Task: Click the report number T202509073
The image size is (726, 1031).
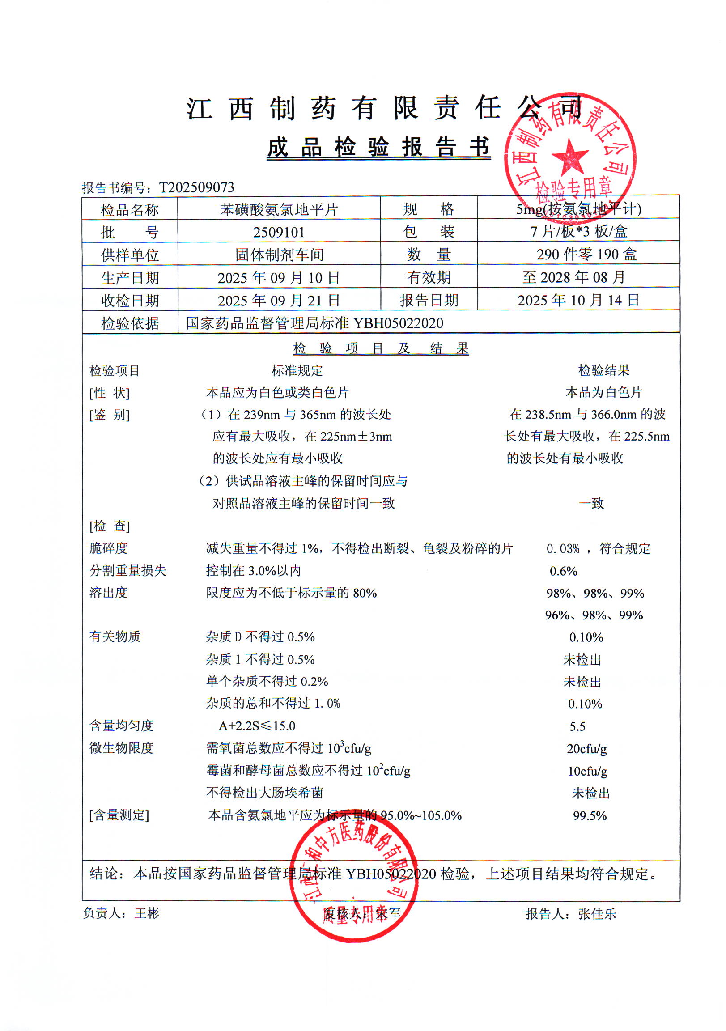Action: (197, 187)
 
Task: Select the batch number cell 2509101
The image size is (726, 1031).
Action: (279, 232)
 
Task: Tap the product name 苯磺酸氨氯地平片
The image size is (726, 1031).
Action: (279, 209)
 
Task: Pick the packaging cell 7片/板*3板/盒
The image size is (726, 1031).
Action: (579, 231)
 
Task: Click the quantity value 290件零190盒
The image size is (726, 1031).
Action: (586, 254)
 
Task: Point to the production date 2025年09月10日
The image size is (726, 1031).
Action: (279, 277)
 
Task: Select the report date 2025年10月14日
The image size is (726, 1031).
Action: (578, 300)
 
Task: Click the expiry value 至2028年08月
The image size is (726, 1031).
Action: (574, 277)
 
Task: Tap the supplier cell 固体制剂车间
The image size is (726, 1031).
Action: (279, 255)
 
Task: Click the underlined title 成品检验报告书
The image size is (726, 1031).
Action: (378, 147)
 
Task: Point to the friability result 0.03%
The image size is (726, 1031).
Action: (563, 548)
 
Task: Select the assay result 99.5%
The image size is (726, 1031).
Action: (590, 815)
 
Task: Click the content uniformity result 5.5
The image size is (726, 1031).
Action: (577, 726)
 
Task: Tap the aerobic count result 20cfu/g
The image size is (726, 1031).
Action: (586, 749)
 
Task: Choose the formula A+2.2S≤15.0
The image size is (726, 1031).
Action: (257, 726)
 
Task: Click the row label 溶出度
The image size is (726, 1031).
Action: (108, 593)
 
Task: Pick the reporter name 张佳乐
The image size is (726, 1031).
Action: (597, 914)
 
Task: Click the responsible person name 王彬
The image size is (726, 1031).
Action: (147, 913)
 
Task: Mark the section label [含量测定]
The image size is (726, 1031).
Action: (119, 815)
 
